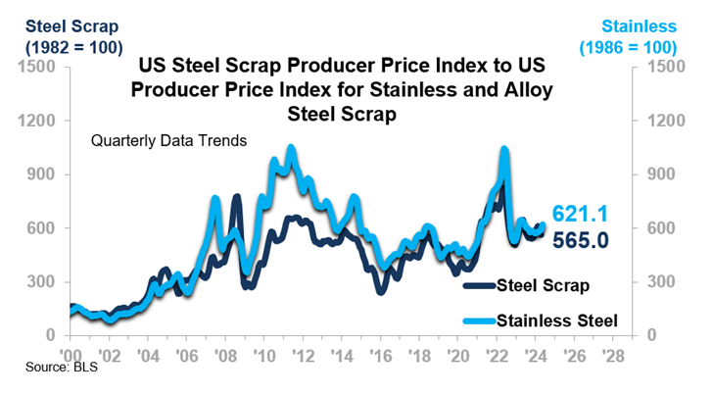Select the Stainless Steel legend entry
point(557,321)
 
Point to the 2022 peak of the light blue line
point(503,150)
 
